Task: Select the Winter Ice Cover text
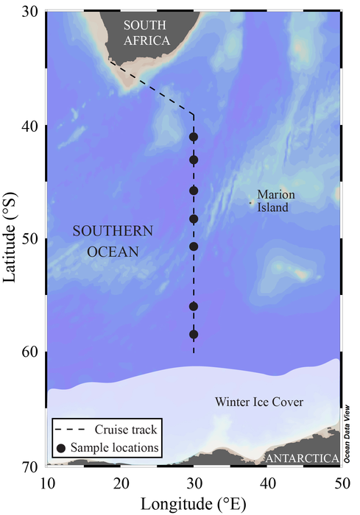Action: [x=259, y=402]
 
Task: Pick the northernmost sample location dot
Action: [x=194, y=137]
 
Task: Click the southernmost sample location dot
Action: [x=194, y=334]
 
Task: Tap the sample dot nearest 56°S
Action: [x=194, y=306]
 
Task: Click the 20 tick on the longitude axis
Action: [x=121, y=483]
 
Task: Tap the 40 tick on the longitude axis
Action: [x=267, y=483]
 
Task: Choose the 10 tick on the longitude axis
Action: [x=47, y=483]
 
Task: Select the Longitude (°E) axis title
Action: [x=193, y=502]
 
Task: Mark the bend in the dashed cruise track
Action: [x=193, y=115]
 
